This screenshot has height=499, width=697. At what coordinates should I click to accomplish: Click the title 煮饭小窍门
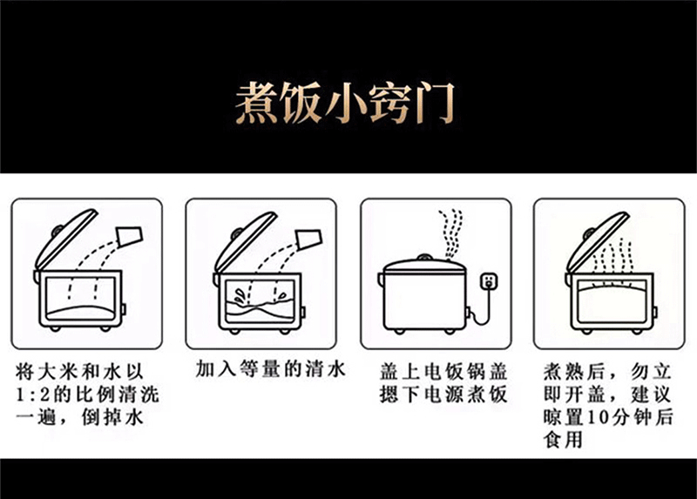pos(345,103)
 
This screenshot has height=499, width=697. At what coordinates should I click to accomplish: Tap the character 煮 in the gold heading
pos(255,103)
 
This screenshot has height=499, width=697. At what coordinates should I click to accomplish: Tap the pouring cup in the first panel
pos(130,236)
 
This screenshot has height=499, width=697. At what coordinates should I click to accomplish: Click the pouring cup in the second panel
pos(309,239)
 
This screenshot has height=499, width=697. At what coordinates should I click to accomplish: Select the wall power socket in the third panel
pos(489,281)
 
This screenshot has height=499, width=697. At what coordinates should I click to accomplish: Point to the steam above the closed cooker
pos(451,234)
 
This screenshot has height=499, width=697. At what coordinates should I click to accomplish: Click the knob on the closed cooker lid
pos(424,257)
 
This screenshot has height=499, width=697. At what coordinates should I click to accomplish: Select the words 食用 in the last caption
pos(563,441)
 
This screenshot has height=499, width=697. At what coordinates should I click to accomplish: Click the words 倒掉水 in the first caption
pos(112,418)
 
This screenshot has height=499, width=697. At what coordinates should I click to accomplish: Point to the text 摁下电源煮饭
pos(443,394)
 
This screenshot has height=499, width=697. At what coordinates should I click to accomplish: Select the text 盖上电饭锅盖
pos(443,373)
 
